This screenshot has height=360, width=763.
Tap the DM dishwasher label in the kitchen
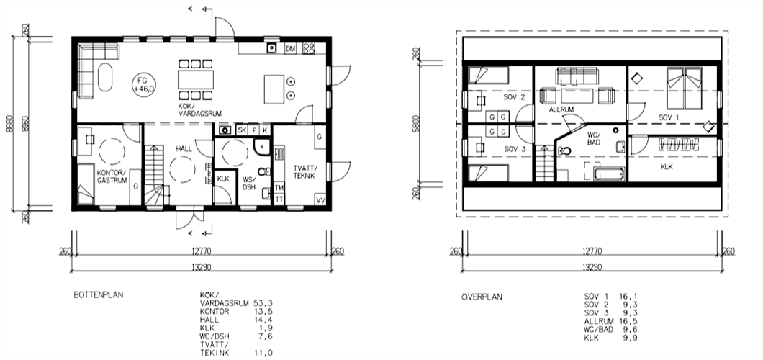click(291, 49)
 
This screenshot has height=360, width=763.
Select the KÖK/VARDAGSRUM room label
click(200, 109)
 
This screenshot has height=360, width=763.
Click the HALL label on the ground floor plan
click(184, 149)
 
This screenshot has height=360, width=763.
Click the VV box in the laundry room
click(320, 199)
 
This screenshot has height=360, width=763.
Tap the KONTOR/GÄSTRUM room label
click(112, 176)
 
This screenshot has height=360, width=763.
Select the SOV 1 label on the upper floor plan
click(669, 117)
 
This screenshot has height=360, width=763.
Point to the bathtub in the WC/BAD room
click(609, 174)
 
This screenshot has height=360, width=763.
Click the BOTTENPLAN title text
click(99, 294)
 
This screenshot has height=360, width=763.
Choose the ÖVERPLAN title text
click(482, 297)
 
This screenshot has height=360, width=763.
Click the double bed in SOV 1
click(685, 88)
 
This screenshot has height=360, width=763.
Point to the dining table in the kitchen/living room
click(196, 79)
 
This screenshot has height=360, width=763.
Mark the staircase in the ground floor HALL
click(155, 175)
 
